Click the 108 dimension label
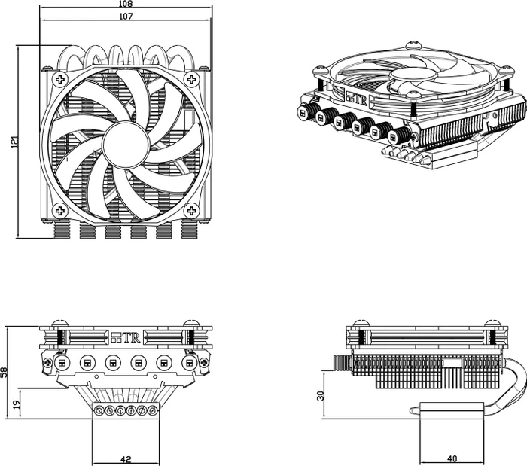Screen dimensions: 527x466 click(x=126, y=4)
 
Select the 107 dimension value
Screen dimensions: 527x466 click(x=126, y=16)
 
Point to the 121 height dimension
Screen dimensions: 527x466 click(x=14, y=142)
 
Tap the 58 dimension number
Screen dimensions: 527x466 click(x=4, y=372)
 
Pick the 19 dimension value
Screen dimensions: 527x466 click(x=17, y=404)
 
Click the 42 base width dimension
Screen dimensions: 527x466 click(x=126, y=459)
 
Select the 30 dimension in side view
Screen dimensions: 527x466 click(x=320, y=396)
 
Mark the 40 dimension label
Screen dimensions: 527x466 click(x=452, y=459)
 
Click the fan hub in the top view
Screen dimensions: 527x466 click(x=126, y=145)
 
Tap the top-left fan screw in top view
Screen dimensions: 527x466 click(x=60, y=79)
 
